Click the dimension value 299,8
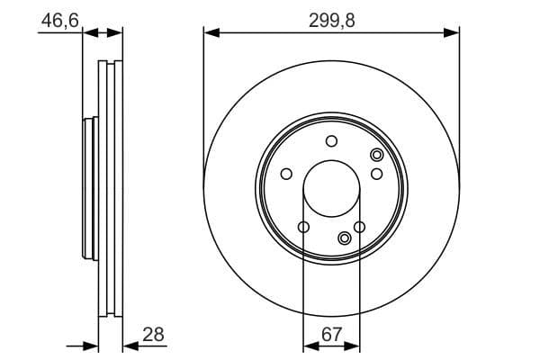[331, 19]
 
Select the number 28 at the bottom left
[154, 335]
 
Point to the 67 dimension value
[332, 335]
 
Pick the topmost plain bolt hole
[331, 140]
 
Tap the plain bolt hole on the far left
[286, 174]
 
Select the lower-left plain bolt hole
[303, 226]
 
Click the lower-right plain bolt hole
[360, 226]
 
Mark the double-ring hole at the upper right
[376, 156]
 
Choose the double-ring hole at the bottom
[345, 238]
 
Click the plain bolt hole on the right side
[377, 173]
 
